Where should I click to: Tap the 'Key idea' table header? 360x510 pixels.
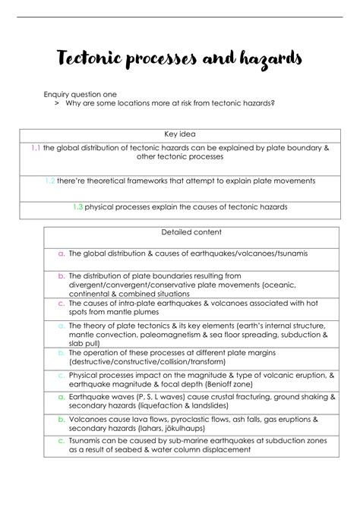180,134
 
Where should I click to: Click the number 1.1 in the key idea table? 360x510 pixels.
36,148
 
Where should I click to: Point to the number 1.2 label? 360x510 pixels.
49,181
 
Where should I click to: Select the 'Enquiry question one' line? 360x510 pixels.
79,95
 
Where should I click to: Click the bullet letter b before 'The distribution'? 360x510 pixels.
61,275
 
